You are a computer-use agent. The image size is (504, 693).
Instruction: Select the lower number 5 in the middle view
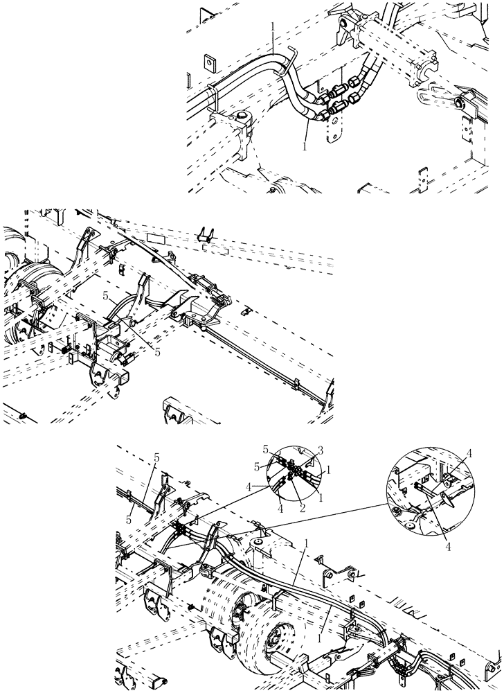point(158,352)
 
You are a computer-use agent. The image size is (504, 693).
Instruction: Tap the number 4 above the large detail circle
point(469,453)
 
